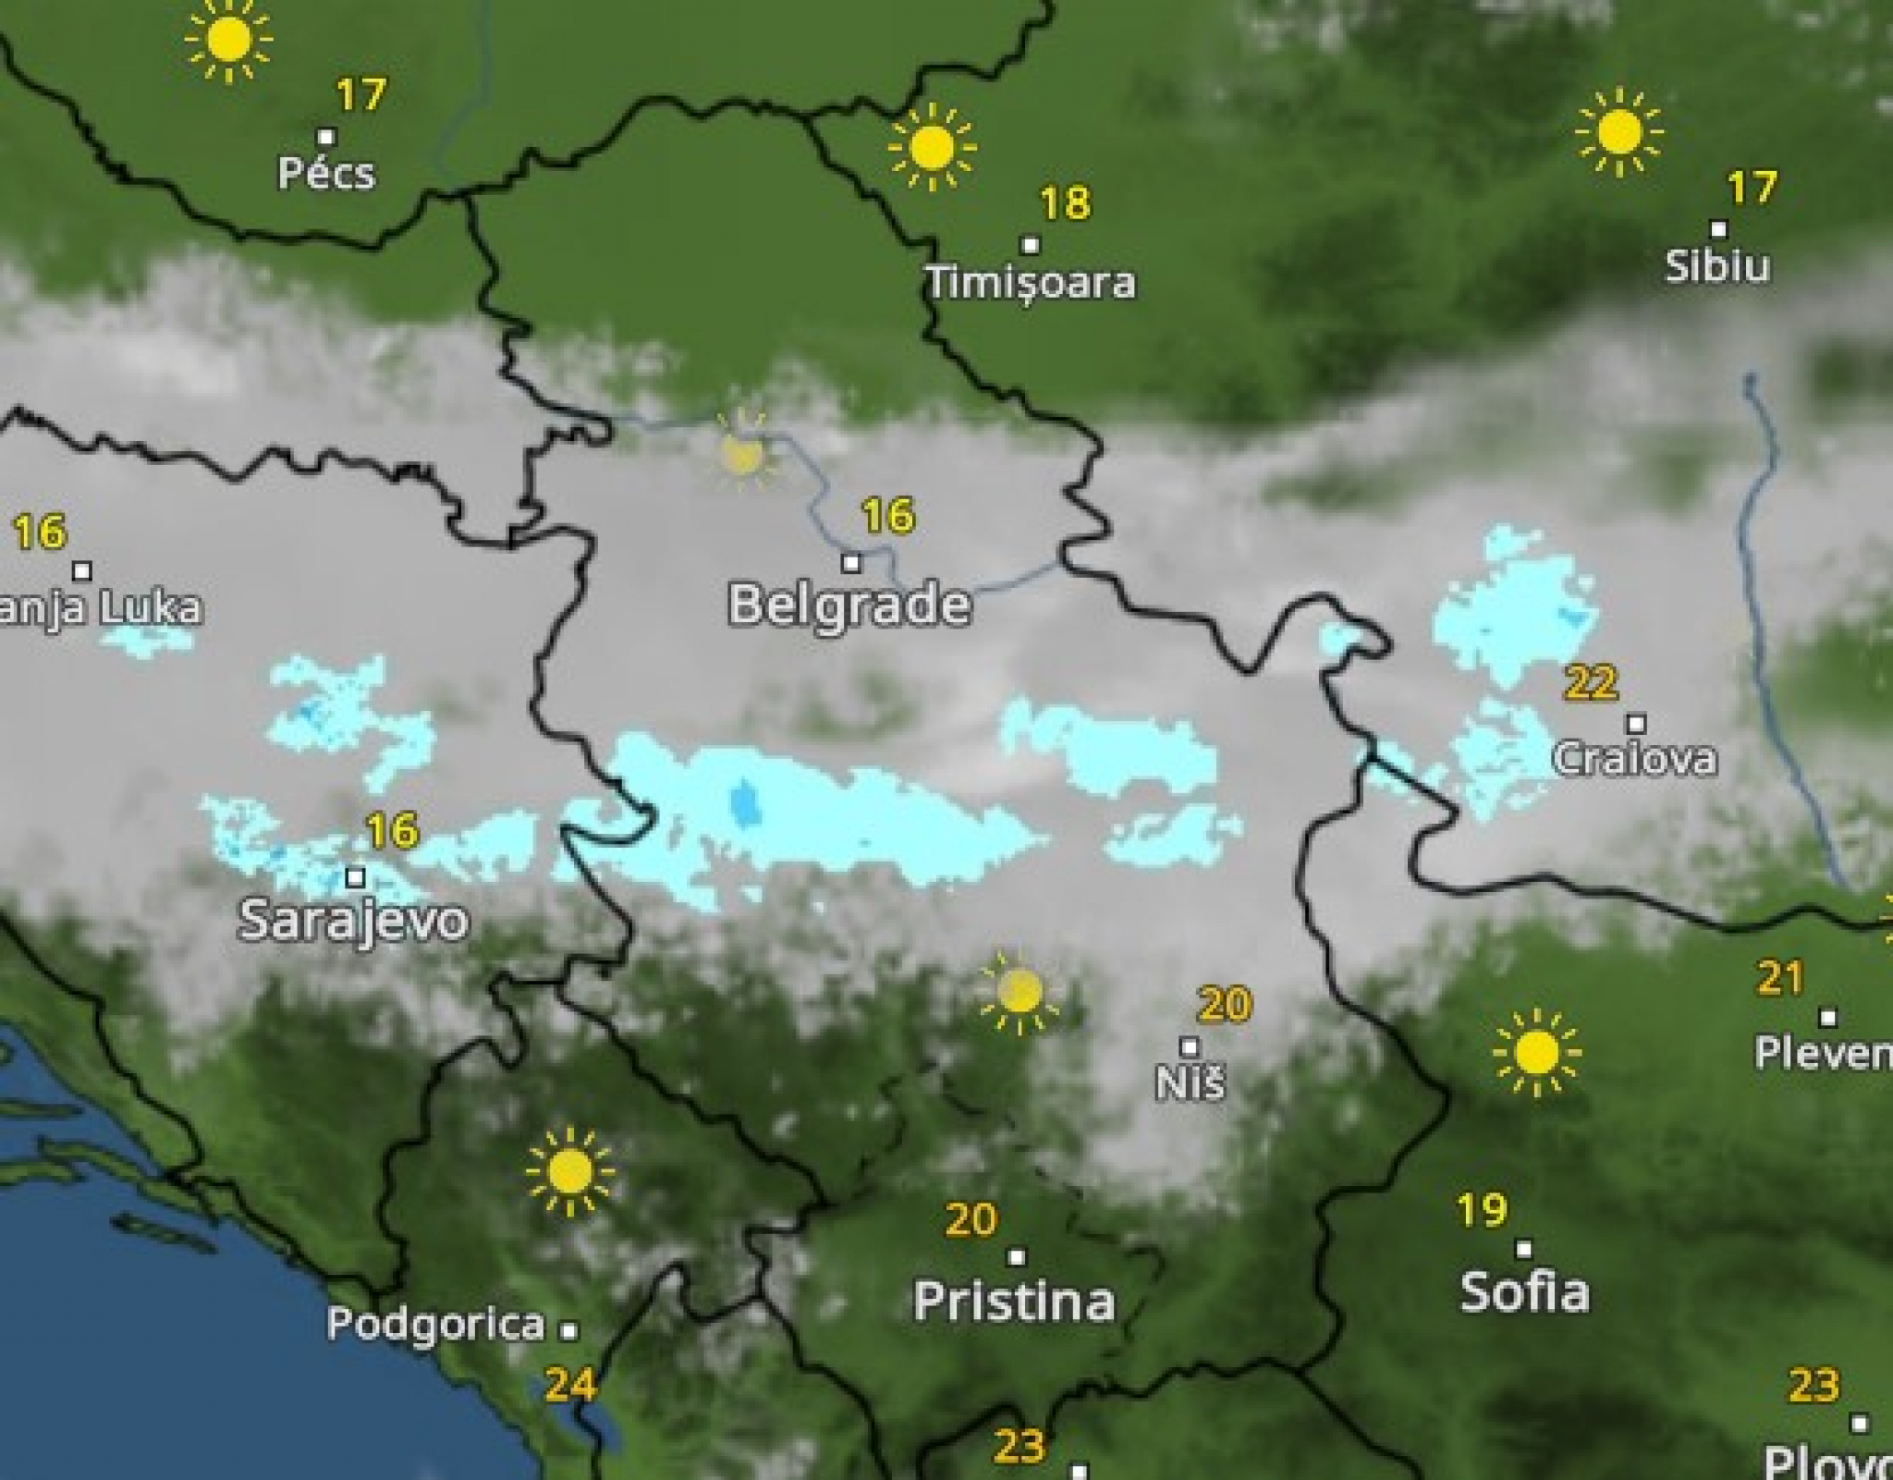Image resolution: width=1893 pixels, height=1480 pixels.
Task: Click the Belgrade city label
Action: pyautogui.click(x=849, y=605)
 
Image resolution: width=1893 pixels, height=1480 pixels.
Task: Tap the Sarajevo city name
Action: pyautogui.click(x=353, y=920)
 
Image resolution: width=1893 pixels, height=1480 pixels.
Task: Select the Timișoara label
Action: pyautogui.click(x=1031, y=282)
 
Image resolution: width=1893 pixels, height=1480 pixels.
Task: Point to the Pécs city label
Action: pyautogui.click(x=326, y=173)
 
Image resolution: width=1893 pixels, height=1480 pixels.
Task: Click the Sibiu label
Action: pyautogui.click(x=1717, y=266)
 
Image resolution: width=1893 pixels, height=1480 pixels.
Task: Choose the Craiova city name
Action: pyautogui.click(x=1634, y=759)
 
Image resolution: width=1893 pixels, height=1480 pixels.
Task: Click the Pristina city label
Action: pyautogui.click(x=1014, y=1302)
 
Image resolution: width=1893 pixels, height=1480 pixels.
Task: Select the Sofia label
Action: pyautogui.click(x=1524, y=1291)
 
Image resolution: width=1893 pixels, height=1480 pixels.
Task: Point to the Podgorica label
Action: pyautogui.click(x=436, y=1324)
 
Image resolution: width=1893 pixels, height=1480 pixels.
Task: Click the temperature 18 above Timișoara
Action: pyautogui.click(x=1065, y=203)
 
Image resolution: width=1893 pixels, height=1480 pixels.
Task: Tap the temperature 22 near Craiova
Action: pyautogui.click(x=1591, y=683)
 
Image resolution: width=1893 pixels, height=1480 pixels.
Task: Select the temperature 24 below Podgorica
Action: pyautogui.click(x=570, y=1384)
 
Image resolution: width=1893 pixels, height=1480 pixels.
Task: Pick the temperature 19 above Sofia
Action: pyautogui.click(x=1482, y=1210)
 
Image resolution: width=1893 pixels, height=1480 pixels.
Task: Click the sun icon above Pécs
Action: pyautogui.click(x=228, y=41)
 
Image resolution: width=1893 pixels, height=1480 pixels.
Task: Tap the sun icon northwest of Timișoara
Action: pyautogui.click(x=932, y=147)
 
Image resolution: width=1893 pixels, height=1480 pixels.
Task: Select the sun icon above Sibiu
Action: pyautogui.click(x=1618, y=132)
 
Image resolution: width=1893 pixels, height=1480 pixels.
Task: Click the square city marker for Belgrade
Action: pyautogui.click(x=851, y=562)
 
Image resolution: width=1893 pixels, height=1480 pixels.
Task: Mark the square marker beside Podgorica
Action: pyautogui.click(x=569, y=1331)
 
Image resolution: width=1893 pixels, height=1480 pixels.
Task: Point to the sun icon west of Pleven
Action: pyautogui.click(x=1536, y=1053)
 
